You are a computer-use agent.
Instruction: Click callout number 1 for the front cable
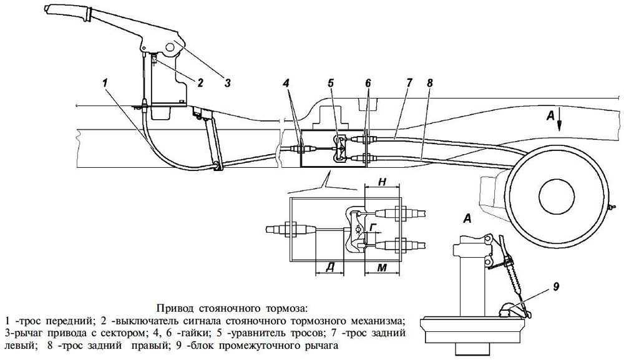[106, 82]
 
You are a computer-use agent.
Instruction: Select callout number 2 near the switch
[200, 82]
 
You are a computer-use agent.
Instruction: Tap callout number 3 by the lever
[227, 82]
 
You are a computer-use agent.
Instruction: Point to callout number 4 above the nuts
[285, 82]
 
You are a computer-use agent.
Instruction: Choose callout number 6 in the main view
[368, 82]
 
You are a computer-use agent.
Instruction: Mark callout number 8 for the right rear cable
[429, 82]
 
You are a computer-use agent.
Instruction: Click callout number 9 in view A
[555, 287]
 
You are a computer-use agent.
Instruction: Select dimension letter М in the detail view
[384, 268]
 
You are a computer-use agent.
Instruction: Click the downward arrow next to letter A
[560, 121]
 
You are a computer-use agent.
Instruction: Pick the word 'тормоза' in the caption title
[286, 308]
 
